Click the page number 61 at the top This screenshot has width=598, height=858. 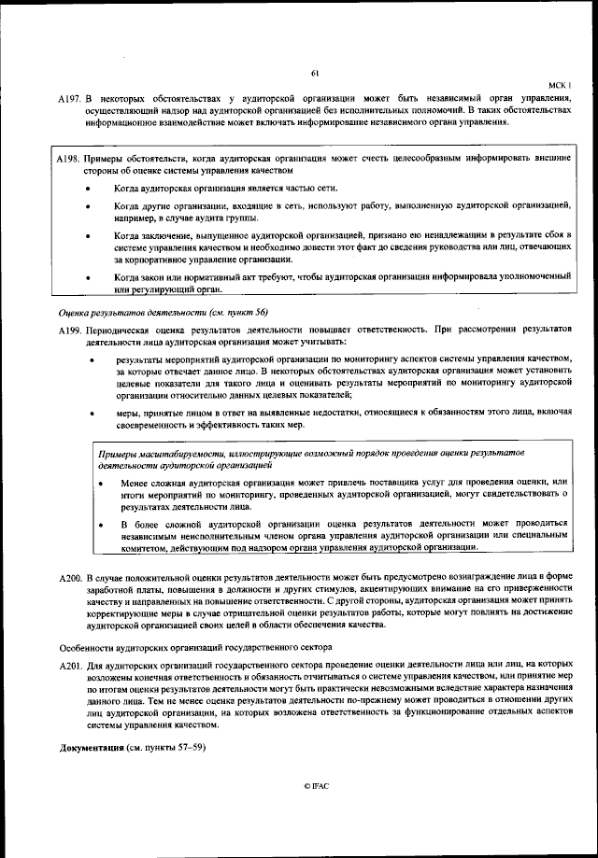(x=315, y=74)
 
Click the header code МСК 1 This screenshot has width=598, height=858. (x=558, y=84)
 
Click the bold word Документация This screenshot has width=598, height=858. (x=92, y=749)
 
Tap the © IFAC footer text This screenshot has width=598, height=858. (x=315, y=787)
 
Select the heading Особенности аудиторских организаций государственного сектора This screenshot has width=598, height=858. (x=193, y=646)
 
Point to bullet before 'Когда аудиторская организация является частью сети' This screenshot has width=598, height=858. (x=88, y=188)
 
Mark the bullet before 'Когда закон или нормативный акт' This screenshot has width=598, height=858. (x=88, y=277)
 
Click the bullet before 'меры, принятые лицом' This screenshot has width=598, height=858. (x=91, y=411)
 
